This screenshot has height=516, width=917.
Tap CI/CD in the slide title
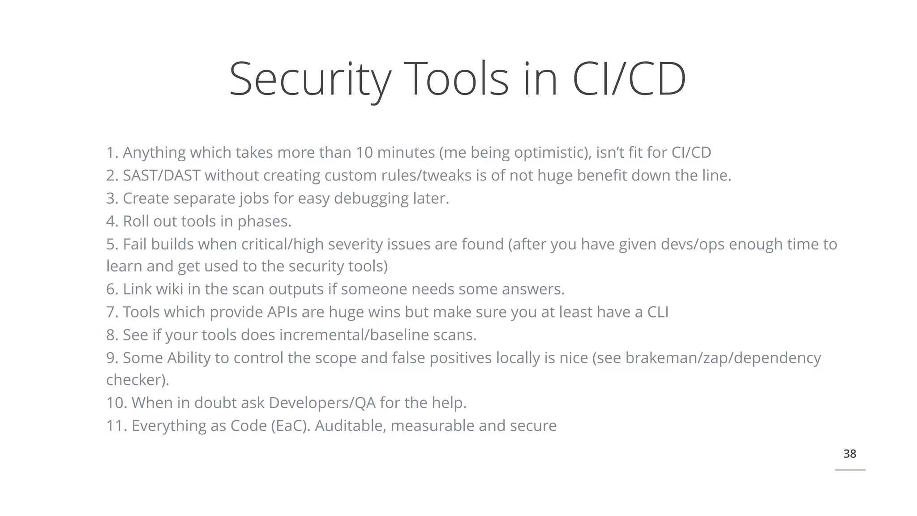point(629,80)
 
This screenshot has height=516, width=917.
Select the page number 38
point(849,454)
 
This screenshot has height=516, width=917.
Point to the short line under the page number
point(850,470)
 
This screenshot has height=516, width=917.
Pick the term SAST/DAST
point(162,176)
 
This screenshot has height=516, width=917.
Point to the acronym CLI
point(658,312)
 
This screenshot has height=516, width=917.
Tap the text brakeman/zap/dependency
point(723,358)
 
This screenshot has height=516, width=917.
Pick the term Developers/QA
point(322,403)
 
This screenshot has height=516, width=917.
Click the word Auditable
point(350,426)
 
